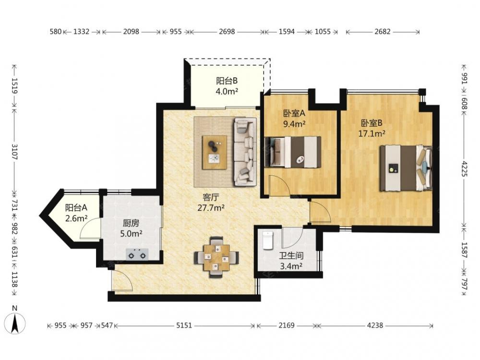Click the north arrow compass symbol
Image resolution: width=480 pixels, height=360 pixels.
[x=15, y=323]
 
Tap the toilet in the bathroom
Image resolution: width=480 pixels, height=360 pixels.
[x=267, y=240]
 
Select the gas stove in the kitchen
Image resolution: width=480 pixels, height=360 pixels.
[x=137, y=254]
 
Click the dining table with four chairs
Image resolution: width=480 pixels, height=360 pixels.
[x=217, y=257]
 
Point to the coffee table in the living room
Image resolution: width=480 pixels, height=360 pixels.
[x=215, y=153]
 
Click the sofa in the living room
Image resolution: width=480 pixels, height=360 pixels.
[x=245, y=152]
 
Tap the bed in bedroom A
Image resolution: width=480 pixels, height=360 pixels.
[x=293, y=152]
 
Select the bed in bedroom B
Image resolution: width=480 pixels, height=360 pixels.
[x=406, y=168]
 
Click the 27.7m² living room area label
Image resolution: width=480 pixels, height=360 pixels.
[x=211, y=208]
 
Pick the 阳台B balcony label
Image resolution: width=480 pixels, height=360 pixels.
[x=227, y=81]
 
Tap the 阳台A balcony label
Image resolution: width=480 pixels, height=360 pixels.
[x=76, y=208]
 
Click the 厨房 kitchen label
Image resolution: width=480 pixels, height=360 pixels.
[x=131, y=223]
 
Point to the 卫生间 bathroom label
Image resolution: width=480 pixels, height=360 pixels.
[x=291, y=256]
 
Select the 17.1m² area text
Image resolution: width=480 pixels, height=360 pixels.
[x=372, y=133]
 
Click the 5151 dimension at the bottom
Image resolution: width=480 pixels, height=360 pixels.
[x=184, y=325]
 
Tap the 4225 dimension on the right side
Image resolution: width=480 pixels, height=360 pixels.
[x=464, y=168]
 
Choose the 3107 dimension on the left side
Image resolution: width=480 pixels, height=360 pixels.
[x=14, y=152]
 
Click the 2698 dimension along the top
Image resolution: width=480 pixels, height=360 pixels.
[x=227, y=32]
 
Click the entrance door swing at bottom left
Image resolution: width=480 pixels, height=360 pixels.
[x=122, y=280]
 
